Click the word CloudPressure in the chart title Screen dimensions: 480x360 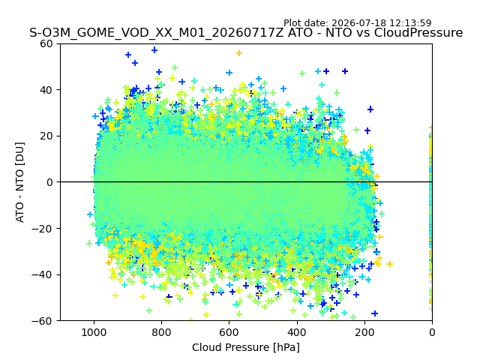coord(418,32)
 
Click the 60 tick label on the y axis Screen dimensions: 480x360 coord(46,43)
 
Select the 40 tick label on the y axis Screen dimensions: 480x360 coord(46,90)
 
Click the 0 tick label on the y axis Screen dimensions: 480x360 coord(49,182)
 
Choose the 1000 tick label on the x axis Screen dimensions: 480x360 coord(94,332)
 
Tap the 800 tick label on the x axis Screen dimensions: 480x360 coord(162,332)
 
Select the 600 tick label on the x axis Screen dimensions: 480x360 coord(229,332)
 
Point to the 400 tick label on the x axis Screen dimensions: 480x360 coord(297,332)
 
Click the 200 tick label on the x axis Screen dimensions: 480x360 coord(364,332)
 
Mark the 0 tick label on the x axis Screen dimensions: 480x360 coord(432,332)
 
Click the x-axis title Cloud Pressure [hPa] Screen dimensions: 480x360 coord(246,347)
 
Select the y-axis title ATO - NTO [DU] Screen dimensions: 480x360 coord(19,182)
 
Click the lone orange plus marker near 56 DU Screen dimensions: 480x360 coord(239,53)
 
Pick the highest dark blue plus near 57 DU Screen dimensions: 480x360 coord(154,50)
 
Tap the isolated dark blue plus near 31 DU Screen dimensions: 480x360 coord(370,109)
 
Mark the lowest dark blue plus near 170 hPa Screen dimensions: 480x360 coord(375,313)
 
